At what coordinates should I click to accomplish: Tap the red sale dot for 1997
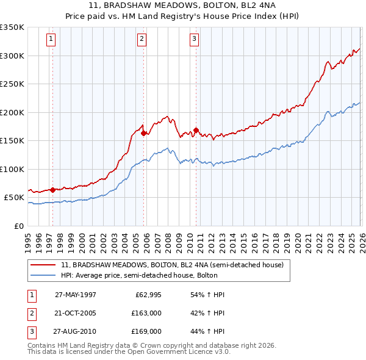point(52,190)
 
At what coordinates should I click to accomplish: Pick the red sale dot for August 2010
point(196,129)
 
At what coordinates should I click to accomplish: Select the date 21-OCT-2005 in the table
point(75,313)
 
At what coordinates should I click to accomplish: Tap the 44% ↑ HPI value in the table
point(208,331)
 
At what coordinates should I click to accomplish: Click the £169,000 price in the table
point(146,331)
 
